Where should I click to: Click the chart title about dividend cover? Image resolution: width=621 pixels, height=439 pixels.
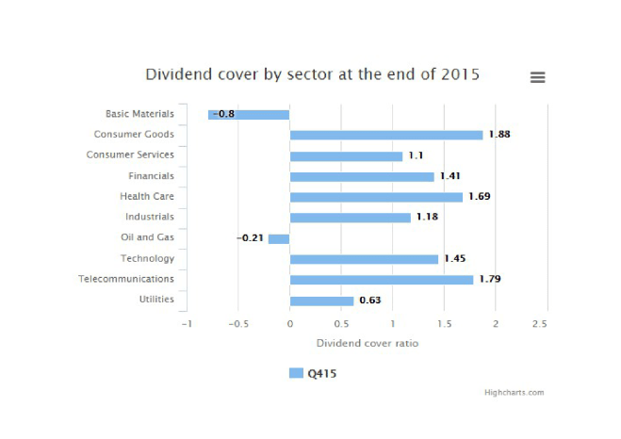pyautogui.click(x=312, y=74)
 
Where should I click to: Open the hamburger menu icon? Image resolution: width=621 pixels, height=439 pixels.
pyautogui.click(x=537, y=77)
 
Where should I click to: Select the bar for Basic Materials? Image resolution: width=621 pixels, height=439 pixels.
pyautogui.click(x=249, y=114)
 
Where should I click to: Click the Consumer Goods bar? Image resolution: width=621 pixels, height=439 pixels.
pyautogui.click(x=385, y=135)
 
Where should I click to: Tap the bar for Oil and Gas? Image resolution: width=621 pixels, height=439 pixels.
pyautogui.click(x=279, y=238)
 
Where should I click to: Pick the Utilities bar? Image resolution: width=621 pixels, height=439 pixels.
pyautogui.click(x=321, y=301)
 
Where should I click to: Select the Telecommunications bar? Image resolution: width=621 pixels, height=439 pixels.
pyautogui.click(x=381, y=280)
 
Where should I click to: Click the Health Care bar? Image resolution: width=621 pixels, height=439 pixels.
pyautogui.click(x=376, y=197)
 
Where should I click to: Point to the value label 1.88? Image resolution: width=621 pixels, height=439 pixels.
pyautogui.click(x=498, y=135)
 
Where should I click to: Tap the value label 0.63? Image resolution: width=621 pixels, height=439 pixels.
pyautogui.click(x=369, y=301)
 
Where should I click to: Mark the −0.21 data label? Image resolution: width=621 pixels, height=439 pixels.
pyautogui.click(x=249, y=238)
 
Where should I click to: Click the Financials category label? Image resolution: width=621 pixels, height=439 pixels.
pyautogui.click(x=151, y=176)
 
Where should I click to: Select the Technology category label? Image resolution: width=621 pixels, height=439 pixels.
pyautogui.click(x=147, y=259)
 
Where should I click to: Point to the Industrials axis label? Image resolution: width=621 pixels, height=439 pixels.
pyautogui.click(x=150, y=218)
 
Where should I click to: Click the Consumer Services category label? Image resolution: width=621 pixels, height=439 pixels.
pyautogui.click(x=130, y=155)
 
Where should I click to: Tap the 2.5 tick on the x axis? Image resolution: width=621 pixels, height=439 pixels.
pyautogui.click(x=540, y=324)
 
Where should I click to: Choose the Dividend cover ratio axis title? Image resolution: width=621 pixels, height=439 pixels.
pyautogui.click(x=367, y=343)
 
